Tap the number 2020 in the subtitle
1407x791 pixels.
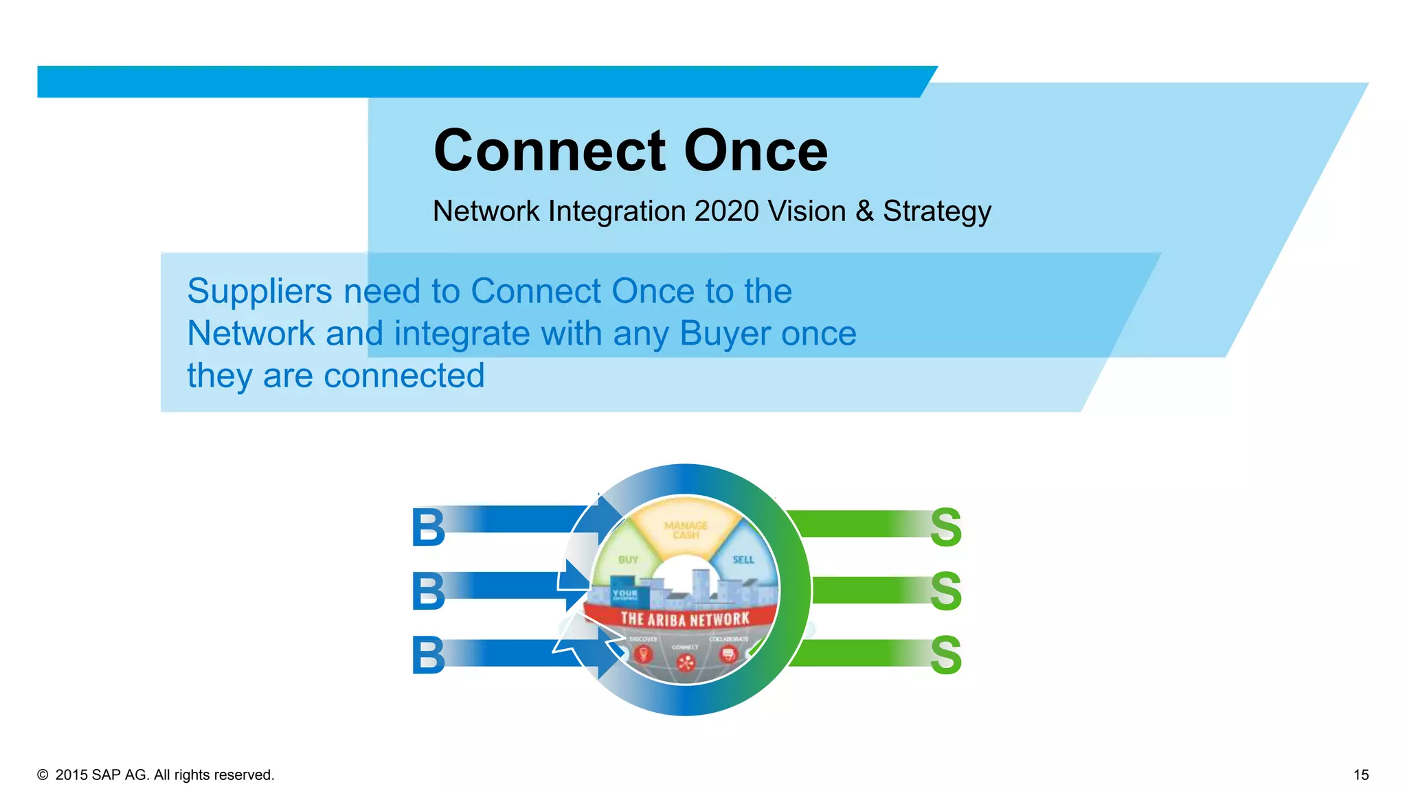click(726, 211)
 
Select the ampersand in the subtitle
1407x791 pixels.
click(864, 211)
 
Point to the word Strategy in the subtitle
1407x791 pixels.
click(937, 212)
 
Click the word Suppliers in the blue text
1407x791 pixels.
click(260, 292)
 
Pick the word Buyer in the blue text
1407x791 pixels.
click(725, 334)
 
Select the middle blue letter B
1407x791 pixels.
click(428, 591)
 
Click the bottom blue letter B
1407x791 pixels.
click(428, 655)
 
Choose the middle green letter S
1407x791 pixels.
click(945, 591)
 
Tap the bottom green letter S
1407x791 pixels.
click(945, 655)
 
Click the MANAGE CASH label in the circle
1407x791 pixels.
click(686, 529)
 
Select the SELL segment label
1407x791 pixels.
click(743, 560)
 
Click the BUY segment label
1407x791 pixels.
click(628, 560)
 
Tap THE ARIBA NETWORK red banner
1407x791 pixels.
click(684, 619)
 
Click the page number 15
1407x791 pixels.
click(1360, 775)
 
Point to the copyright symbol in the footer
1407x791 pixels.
click(43, 775)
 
